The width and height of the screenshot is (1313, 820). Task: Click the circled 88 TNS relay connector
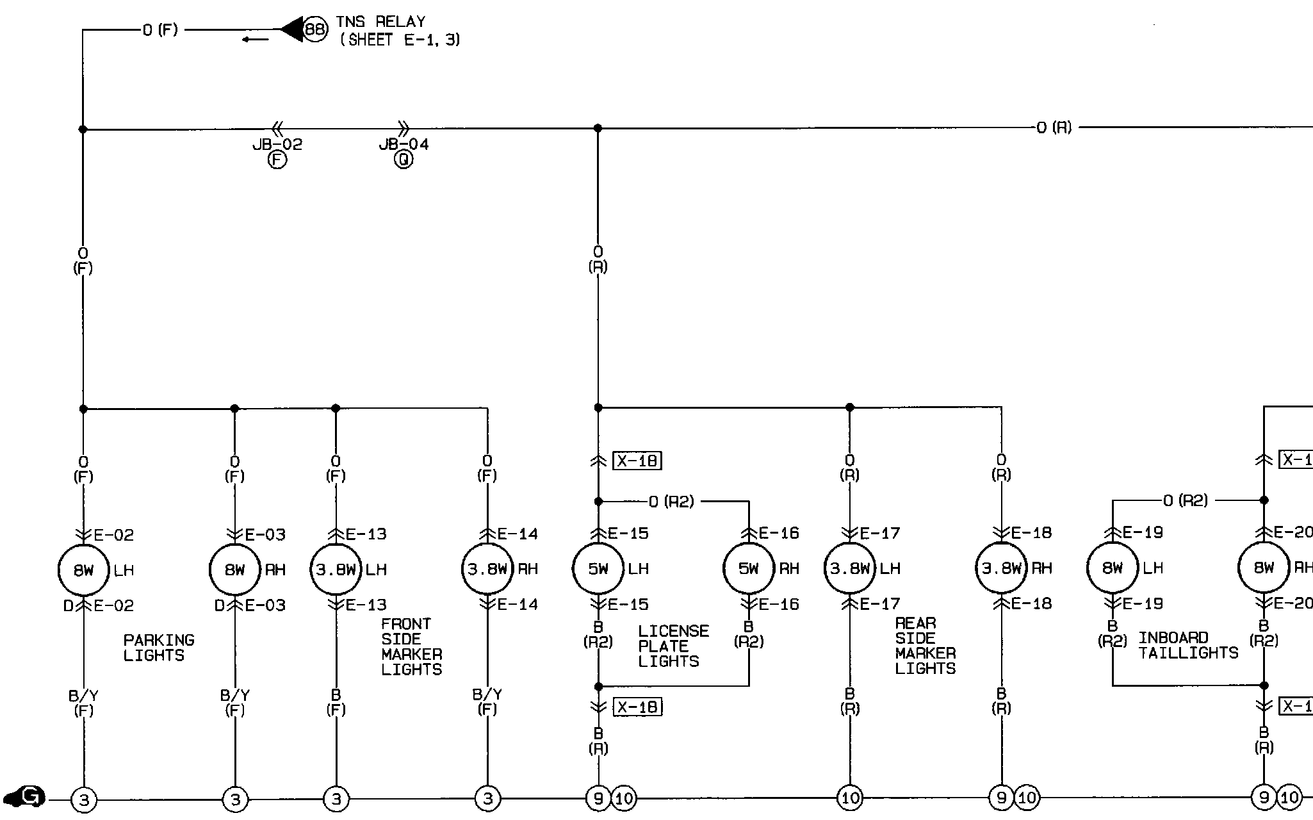314,29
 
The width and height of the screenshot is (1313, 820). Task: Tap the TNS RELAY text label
380,22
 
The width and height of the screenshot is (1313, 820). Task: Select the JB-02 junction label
277,144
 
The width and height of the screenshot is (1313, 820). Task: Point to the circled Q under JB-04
404,160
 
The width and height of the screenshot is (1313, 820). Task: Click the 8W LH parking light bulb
83,570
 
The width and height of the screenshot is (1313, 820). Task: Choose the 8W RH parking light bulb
234,570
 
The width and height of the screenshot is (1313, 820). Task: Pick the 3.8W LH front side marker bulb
336,570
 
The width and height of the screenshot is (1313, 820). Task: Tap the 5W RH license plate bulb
748,568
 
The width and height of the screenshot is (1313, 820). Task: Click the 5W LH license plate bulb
598,568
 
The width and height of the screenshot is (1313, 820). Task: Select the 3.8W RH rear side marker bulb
1001,568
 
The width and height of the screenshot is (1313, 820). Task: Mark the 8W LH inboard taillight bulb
1113,568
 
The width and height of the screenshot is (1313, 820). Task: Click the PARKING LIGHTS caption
158,648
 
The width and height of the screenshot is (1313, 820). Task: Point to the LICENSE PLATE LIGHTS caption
673,646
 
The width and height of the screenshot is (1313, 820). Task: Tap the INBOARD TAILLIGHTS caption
1188,645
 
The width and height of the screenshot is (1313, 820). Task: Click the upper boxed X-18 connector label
637,461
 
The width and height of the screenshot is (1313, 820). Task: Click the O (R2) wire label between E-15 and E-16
671,502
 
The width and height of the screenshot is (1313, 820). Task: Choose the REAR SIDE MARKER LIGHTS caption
925,646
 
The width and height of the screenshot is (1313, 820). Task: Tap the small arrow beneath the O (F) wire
256,40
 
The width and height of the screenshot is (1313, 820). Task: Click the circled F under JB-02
277,160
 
